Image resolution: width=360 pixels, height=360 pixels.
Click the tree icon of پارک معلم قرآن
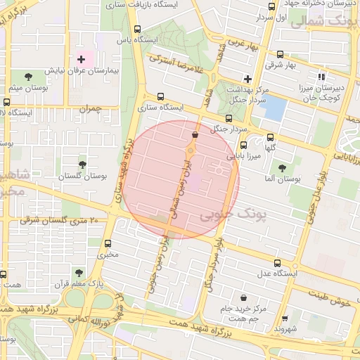(78, 273)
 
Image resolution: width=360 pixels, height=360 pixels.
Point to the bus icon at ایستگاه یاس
(136, 30)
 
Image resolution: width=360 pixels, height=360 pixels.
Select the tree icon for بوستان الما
(282, 168)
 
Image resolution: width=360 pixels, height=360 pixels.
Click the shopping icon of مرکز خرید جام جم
(243, 297)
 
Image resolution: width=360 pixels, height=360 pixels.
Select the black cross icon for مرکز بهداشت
(247, 78)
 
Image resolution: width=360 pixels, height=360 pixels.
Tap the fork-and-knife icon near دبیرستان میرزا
(321, 76)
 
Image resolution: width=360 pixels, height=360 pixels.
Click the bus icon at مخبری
(107, 243)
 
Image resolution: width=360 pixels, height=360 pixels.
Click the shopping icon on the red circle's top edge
(195, 134)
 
